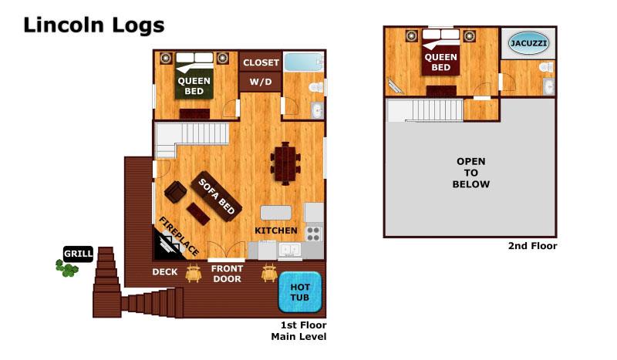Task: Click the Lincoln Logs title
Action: [x=93, y=25]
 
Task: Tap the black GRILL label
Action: [x=78, y=253]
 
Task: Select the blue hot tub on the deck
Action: [x=299, y=291]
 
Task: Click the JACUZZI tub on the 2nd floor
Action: [x=528, y=44]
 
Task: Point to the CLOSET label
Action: [x=260, y=62]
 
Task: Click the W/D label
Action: [x=260, y=82]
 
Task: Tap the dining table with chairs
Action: [x=282, y=163]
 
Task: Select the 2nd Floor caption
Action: [x=532, y=246]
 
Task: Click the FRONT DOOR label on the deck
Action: [x=227, y=274]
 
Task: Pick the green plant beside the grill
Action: [x=67, y=268]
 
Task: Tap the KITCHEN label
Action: [x=275, y=230]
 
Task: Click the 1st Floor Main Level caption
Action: [x=298, y=331]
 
